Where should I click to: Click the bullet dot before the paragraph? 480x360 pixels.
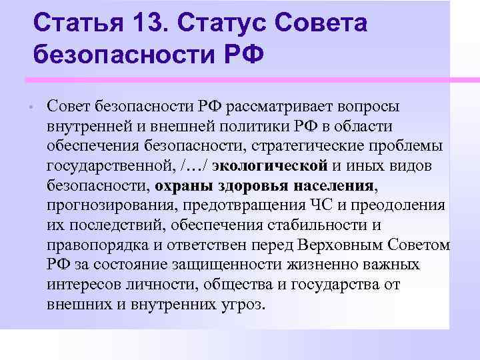(x=31, y=107)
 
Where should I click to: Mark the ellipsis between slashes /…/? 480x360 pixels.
(x=194, y=165)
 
